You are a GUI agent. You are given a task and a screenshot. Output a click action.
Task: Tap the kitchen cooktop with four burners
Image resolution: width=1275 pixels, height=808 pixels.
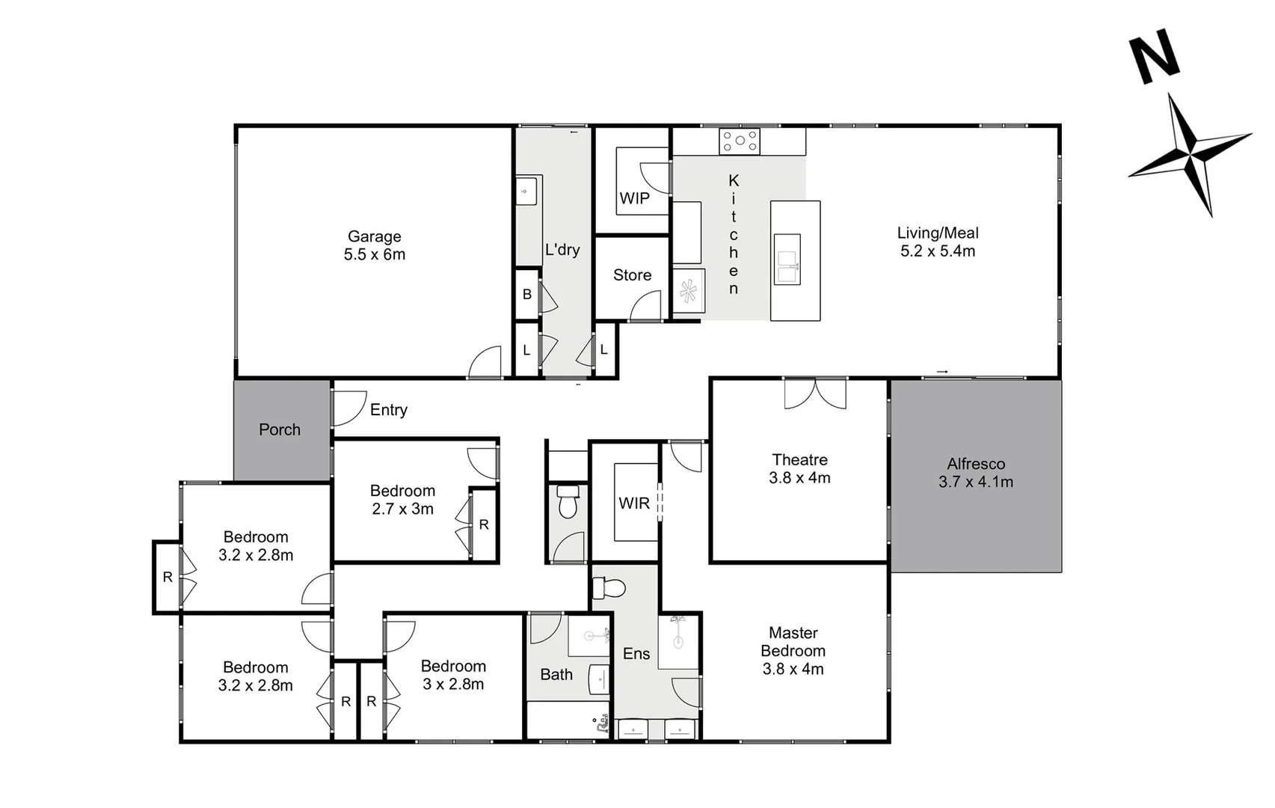tap(739, 141)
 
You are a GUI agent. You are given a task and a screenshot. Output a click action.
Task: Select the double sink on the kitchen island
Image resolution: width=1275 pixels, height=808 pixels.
tap(787, 259)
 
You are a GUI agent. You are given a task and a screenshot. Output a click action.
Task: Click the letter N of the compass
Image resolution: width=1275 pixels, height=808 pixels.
tap(1154, 57)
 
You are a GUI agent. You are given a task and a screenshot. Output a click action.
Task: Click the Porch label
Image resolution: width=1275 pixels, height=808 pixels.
tap(280, 429)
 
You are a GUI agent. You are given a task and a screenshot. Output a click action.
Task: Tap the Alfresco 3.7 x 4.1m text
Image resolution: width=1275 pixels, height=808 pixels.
tap(976, 473)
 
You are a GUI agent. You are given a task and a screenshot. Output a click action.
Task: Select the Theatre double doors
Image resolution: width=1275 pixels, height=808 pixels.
tap(815, 393)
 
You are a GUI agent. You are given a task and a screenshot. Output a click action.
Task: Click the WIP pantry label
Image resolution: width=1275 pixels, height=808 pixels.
tap(634, 198)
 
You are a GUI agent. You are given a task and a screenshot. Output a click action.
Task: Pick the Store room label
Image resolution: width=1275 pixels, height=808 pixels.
tap(632, 275)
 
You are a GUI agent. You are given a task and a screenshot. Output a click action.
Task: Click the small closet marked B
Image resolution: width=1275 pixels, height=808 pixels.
tap(527, 294)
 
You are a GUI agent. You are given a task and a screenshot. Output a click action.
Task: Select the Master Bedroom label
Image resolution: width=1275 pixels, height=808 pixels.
tap(793, 651)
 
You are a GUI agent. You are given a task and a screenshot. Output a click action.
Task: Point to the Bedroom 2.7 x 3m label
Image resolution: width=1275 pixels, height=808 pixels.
tap(402, 500)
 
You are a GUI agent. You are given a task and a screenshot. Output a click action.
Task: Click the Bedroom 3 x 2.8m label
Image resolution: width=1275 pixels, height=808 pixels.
tap(453, 675)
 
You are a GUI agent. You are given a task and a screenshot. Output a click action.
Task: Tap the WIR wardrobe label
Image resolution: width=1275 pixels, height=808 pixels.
tap(634, 504)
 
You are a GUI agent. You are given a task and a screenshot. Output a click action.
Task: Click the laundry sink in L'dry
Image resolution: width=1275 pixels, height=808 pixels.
tap(526, 191)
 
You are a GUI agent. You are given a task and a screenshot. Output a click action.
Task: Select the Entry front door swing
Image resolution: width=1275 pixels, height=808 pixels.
tap(348, 408)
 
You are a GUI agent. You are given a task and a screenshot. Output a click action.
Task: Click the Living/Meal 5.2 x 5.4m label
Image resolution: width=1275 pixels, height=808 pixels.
tap(938, 242)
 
